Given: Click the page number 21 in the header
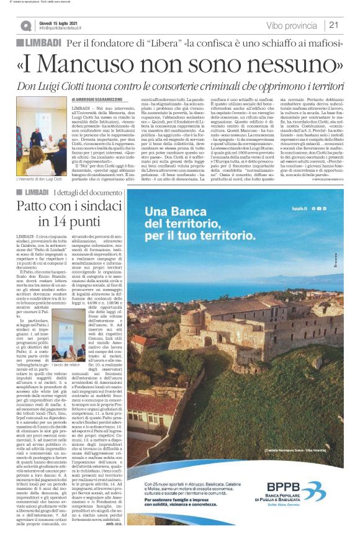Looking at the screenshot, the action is click(333, 25).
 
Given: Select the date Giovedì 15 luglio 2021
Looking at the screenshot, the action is click(57, 22).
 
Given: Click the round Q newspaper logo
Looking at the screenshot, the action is click(25, 25).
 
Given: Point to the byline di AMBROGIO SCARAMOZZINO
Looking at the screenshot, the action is click(106, 100).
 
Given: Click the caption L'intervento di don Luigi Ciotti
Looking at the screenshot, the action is click(38, 179).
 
